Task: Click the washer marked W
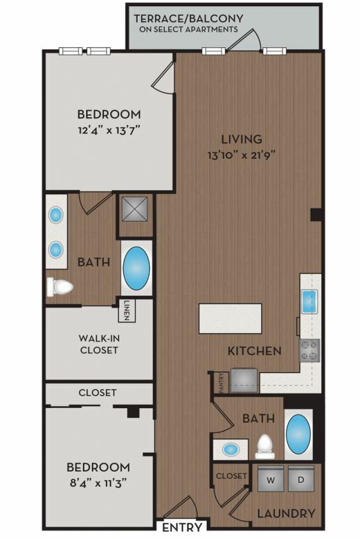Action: (271, 479)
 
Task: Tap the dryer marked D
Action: (301, 479)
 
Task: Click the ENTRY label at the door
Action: (181, 527)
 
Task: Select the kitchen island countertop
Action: (230, 318)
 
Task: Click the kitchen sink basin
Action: (309, 301)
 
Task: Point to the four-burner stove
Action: (310, 351)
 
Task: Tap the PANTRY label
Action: (222, 382)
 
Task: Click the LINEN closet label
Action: (127, 311)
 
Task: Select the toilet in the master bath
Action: (60, 287)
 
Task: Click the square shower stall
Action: (135, 209)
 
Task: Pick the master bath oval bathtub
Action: (136, 268)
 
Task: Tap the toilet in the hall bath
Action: (265, 447)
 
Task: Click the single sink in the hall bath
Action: (231, 449)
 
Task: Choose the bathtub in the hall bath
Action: (298, 434)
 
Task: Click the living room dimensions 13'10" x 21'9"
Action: (242, 155)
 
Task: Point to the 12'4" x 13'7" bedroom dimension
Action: (109, 130)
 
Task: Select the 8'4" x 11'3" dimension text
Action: (98, 484)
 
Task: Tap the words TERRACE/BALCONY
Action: (188, 18)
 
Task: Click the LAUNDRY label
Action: (286, 513)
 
